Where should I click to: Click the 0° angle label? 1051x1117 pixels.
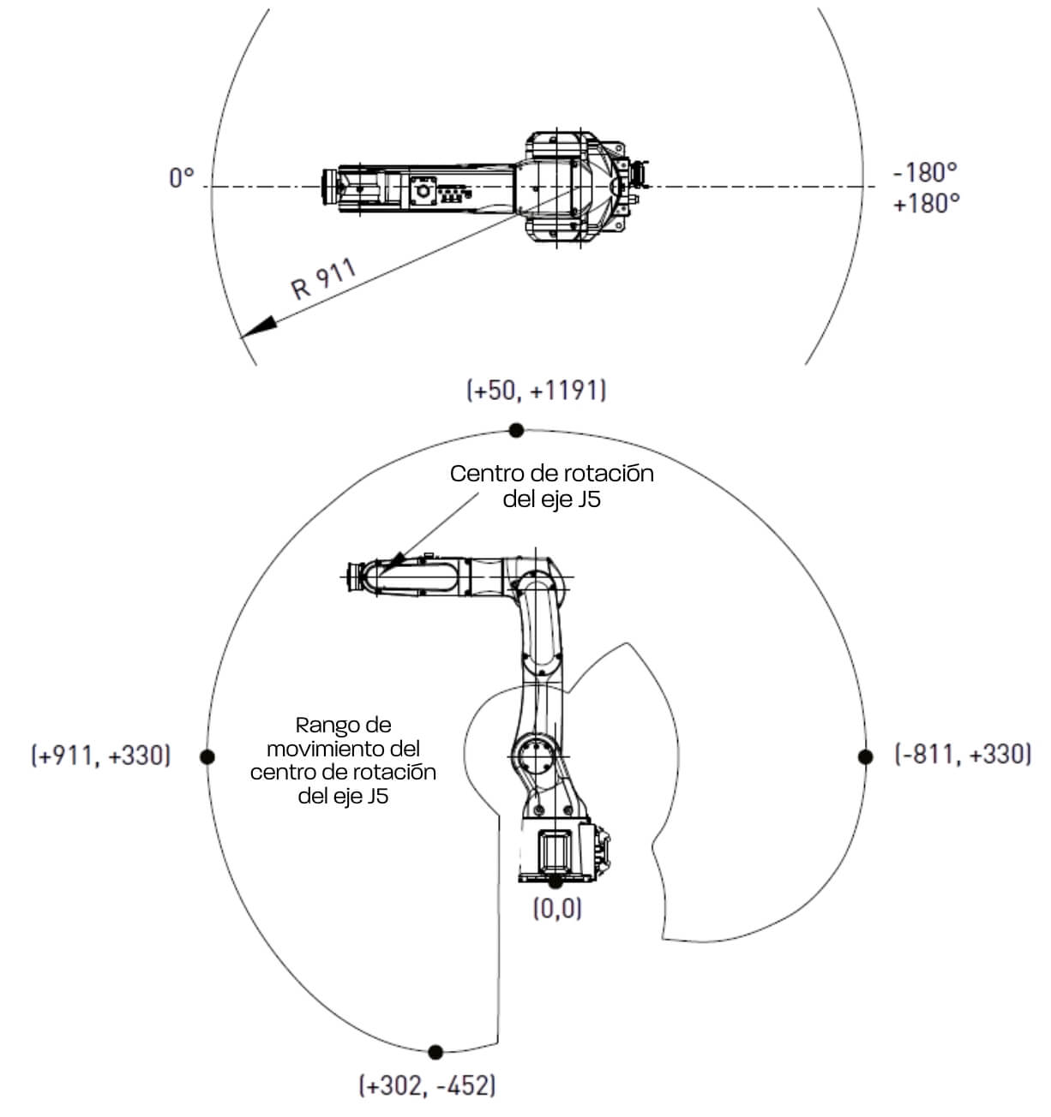point(182,178)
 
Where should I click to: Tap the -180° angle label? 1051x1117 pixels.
point(924,172)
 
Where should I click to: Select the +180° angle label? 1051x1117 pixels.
point(926,204)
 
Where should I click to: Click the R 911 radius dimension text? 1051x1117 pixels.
point(323,280)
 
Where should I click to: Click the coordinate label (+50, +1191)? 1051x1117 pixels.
point(537,391)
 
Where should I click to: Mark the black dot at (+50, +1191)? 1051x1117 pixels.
point(516,429)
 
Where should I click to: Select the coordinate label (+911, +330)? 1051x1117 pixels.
point(101,756)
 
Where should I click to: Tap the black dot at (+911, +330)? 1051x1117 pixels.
point(206,756)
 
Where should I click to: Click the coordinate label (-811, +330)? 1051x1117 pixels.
point(963,755)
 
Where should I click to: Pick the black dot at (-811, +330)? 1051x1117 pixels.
point(865,756)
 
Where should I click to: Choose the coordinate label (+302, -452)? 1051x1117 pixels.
point(426,1086)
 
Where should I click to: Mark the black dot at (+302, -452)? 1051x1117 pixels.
point(435,1051)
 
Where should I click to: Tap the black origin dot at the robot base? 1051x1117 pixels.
point(556,881)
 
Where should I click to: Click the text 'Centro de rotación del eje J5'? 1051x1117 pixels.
point(551,486)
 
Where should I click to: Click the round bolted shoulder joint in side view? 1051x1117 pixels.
point(537,756)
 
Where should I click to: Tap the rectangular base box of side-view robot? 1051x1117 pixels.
point(554,851)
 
